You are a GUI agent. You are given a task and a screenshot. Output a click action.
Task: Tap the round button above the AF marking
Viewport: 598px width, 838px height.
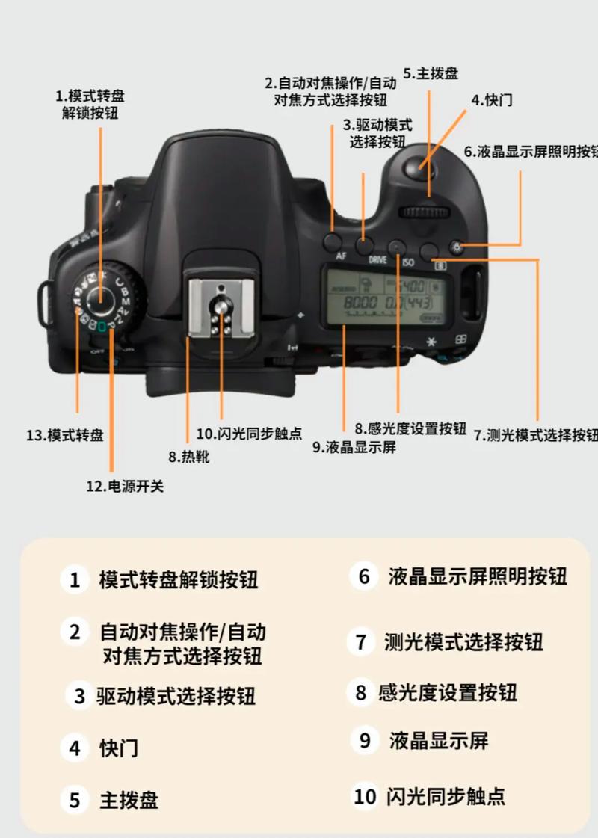(x=333, y=241)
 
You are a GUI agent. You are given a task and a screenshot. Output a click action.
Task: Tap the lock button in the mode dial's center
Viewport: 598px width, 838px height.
(x=99, y=297)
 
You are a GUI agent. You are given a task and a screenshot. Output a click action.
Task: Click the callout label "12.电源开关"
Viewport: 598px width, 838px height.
(x=124, y=487)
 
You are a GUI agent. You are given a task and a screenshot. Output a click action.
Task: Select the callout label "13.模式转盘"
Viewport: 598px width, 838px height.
(x=64, y=435)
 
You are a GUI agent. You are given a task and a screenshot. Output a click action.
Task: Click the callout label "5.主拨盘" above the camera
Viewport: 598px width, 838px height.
(x=431, y=73)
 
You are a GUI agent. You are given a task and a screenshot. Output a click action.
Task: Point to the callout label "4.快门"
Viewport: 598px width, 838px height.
(x=491, y=100)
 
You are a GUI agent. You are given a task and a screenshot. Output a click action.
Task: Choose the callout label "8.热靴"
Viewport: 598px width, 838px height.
(x=188, y=456)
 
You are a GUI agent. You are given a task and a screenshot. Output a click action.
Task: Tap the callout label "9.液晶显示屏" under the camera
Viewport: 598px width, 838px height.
(x=354, y=448)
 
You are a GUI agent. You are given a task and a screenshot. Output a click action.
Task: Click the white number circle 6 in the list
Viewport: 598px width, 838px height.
(x=364, y=576)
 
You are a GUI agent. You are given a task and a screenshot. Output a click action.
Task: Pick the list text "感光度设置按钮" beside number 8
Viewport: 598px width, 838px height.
(x=447, y=693)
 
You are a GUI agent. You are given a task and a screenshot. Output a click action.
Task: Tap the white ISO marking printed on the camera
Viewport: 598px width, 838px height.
(x=408, y=262)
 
